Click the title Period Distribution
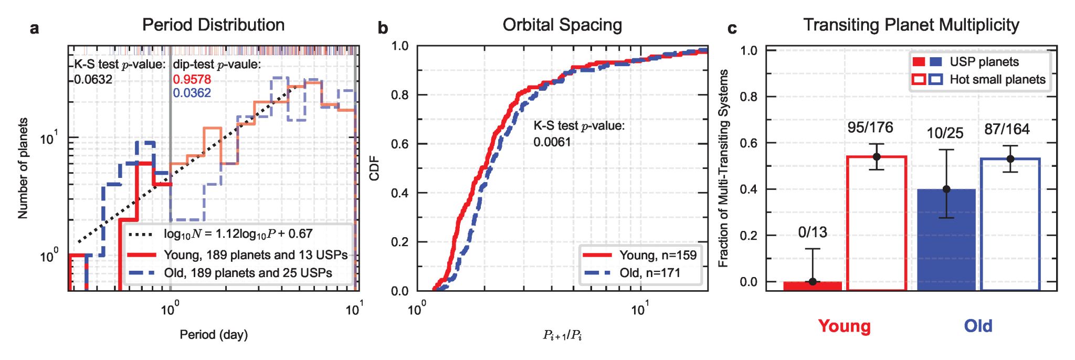(x=213, y=25)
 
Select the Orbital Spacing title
(x=562, y=25)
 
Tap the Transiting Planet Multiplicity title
(x=911, y=25)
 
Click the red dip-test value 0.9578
(x=192, y=79)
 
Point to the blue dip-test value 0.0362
(x=192, y=93)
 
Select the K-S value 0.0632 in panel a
(x=93, y=79)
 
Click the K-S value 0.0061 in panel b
(x=552, y=142)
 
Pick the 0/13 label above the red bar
(x=813, y=232)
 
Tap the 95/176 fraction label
(x=870, y=128)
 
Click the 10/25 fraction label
(x=945, y=133)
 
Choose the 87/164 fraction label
(x=1007, y=129)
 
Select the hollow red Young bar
(x=877, y=223)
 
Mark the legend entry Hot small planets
(x=997, y=79)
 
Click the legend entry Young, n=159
(x=658, y=255)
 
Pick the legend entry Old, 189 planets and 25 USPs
(x=248, y=273)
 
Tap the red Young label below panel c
(x=844, y=326)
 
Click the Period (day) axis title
(x=214, y=334)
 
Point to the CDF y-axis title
(x=374, y=168)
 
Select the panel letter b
(x=383, y=28)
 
